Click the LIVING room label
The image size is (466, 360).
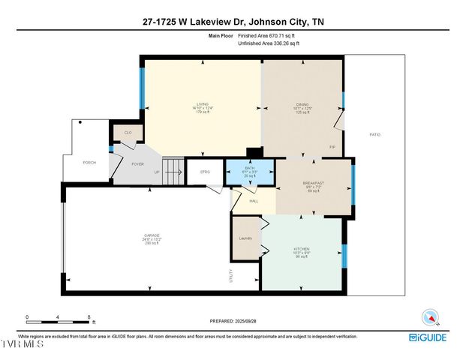pos(202,104)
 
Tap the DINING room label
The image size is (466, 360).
pos(302,104)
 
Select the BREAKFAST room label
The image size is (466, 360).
pos(313,183)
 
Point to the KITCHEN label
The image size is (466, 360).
pos(302,249)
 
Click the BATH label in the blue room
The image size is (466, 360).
pos(250,168)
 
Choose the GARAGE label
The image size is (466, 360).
pos(152,235)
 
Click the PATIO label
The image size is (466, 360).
pos(374,134)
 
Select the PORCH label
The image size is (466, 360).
pos(89,163)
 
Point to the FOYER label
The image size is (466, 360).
pos(137,163)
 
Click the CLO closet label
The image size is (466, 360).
pos(128,133)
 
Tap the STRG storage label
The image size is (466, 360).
pos(205,172)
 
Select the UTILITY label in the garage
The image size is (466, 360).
pos(230,275)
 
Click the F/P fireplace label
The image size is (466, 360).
pos(332,147)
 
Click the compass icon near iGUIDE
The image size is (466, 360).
pos(429,317)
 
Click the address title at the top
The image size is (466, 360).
pos(233,22)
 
